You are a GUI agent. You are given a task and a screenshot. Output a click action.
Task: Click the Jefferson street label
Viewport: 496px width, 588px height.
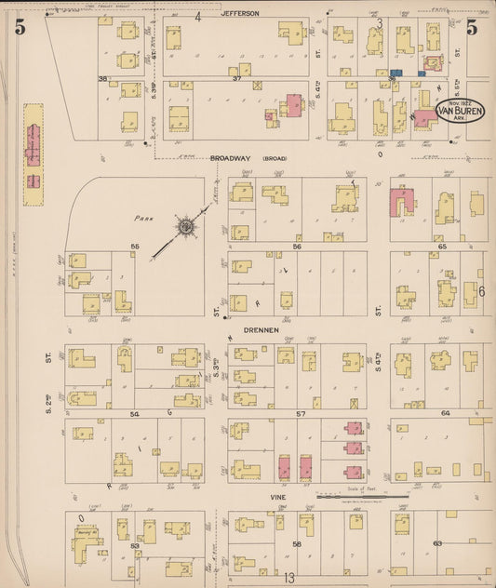click(x=240, y=14)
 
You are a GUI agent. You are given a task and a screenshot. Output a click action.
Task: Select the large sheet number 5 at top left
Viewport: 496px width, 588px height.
click(x=19, y=28)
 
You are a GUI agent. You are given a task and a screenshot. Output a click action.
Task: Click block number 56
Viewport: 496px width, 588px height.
click(x=297, y=247)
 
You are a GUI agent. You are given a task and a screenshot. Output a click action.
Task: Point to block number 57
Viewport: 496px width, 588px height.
click(x=299, y=411)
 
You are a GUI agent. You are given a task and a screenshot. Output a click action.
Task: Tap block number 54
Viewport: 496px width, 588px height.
click(x=134, y=412)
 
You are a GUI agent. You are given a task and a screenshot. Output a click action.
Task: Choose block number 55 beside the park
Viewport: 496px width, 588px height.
click(x=135, y=246)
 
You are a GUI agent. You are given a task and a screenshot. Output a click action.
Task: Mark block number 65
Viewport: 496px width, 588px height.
click(x=443, y=246)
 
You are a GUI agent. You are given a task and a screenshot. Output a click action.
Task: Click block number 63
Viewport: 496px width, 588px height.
click(x=436, y=542)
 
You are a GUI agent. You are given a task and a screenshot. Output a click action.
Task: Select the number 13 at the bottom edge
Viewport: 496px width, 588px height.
click(x=289, y=578)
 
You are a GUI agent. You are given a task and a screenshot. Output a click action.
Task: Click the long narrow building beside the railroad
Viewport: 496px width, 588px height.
click(x=34, y=147)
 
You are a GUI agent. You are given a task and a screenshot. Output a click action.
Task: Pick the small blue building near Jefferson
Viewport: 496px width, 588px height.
click(x=395, y=72)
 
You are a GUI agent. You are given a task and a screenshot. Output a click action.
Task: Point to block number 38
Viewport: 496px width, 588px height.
click(x=102, y=79)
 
